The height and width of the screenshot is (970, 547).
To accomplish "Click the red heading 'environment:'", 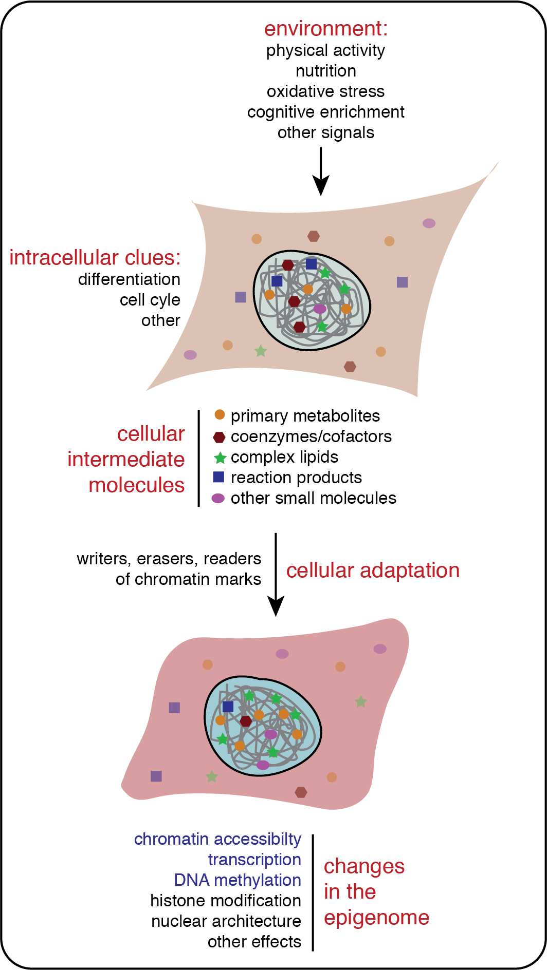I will click(x=326, y=29).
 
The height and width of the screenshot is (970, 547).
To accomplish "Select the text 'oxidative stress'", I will click(x=325, y=91).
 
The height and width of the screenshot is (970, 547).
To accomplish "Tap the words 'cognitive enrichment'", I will click(x=325, y=112).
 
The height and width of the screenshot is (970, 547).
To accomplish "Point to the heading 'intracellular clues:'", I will click(x=95, y=258).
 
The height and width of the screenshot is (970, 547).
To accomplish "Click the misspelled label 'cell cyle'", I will click(x=150, y=300).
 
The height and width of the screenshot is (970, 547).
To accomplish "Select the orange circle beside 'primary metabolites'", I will click(x=220, y=414).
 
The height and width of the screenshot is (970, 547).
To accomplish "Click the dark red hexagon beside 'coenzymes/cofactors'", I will click(x=219, y=437).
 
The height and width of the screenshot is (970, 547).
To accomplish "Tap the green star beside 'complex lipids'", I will click(x=220, y=458).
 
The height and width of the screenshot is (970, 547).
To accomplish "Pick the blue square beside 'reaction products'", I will click(x=218, y=477).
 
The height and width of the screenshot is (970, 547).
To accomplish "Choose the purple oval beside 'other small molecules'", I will click(x=218, y=498).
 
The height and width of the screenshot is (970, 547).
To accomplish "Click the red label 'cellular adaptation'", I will click(x=373, y=570).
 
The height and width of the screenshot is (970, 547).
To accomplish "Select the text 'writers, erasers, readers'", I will click(x=169, y=559).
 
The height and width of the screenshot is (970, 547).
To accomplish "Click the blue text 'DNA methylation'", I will click(x=237, y=880).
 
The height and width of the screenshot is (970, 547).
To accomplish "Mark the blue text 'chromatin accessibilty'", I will click(x=217, y=839).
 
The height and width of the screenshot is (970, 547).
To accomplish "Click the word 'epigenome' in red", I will click(x=376, y=918).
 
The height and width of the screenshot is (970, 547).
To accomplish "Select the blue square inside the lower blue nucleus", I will click(x=228, y=707).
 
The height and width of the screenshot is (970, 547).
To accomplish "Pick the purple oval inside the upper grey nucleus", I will click(x=320, y=309).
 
